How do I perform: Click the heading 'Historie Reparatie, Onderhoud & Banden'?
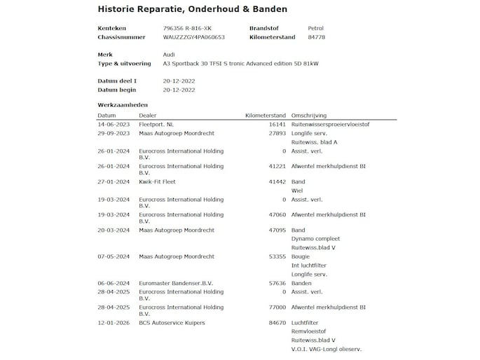click(182, 9)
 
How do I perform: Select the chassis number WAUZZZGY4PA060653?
click(193, 37)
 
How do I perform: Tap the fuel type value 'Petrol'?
click(315, 28)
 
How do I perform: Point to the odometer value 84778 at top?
click(316, 37)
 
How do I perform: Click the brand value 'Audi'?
click(169, 54)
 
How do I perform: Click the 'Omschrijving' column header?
click(308, 115)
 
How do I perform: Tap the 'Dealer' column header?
click(148, 115)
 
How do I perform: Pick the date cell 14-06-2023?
click(114, 124)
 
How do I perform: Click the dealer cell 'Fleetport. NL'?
click(156, 124)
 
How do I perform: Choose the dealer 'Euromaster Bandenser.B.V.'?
click(175, 283)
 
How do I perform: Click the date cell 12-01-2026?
click(114, 323)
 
